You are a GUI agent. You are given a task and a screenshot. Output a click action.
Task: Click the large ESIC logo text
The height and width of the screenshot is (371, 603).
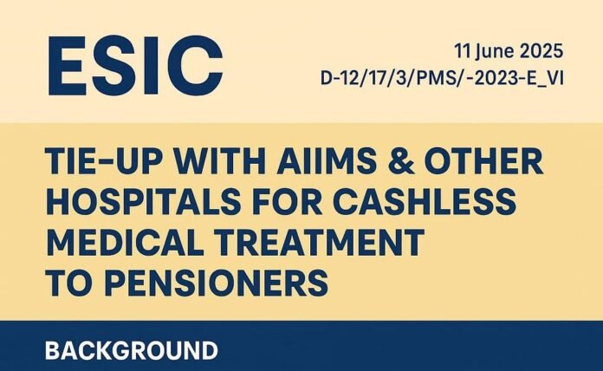(x=135, y=65)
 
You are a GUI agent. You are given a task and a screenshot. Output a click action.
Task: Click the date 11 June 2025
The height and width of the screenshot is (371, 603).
(x=509, y=51)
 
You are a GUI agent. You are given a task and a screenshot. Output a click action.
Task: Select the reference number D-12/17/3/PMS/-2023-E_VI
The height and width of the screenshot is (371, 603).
(x=442, y=79)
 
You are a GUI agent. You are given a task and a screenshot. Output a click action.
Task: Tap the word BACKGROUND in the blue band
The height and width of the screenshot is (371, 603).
(x=131, y=350)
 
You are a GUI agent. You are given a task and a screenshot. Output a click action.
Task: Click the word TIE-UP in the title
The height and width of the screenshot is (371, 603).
(x=101, y=160)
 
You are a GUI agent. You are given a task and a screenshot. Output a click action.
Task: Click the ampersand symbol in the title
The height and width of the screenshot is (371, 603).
(x=401, y=160)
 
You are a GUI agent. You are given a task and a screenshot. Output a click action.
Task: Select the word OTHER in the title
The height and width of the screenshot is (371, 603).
(x=483, y=160)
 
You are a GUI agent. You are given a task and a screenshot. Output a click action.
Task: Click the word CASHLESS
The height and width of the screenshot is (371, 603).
(x=424, y=201)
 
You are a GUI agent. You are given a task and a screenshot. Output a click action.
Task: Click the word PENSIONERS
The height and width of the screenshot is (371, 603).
(x=216, y=283)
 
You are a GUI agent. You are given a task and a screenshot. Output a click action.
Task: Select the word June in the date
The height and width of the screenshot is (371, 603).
(x=494, y=52)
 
